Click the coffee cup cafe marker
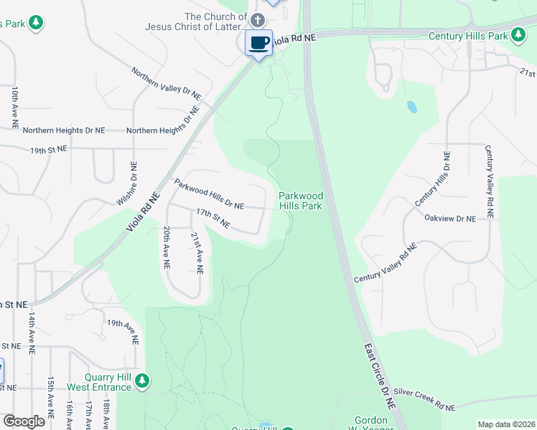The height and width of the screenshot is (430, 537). pos(258,42)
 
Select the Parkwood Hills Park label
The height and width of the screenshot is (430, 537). pos(301,201)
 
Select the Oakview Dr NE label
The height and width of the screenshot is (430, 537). pos(450,218)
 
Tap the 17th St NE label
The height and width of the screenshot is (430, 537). pos(213,219)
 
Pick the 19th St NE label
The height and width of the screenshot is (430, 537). pos(48,150)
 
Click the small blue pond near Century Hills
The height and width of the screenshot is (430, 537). pos(411,107)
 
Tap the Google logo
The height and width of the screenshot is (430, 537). pos(23,421)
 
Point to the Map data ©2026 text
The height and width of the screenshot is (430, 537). pos(505,424)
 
